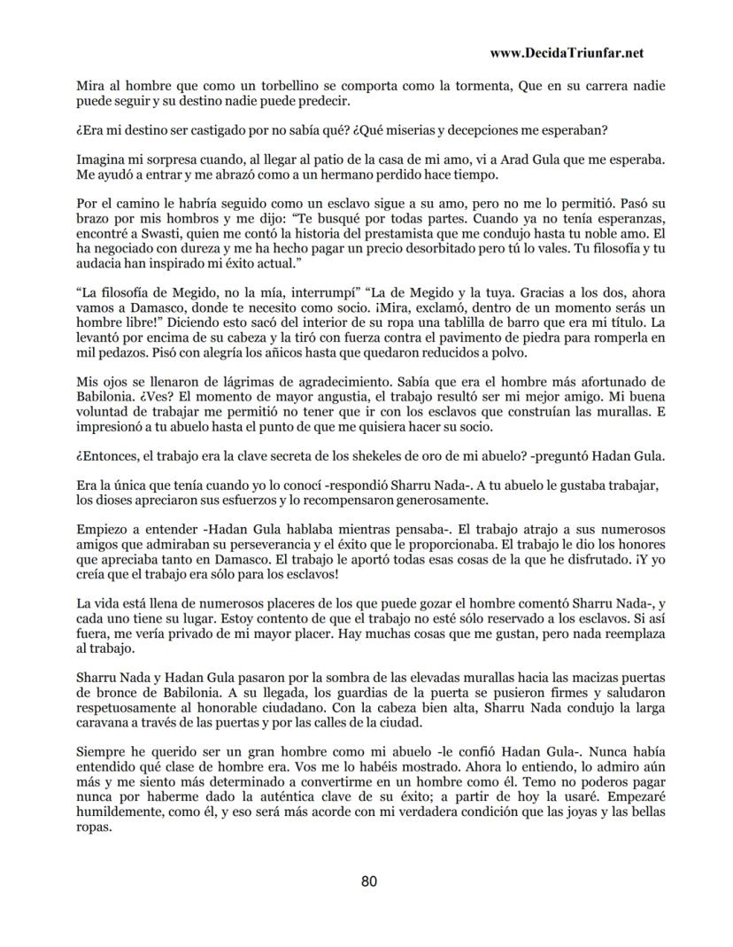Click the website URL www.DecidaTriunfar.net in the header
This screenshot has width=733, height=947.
566,53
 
